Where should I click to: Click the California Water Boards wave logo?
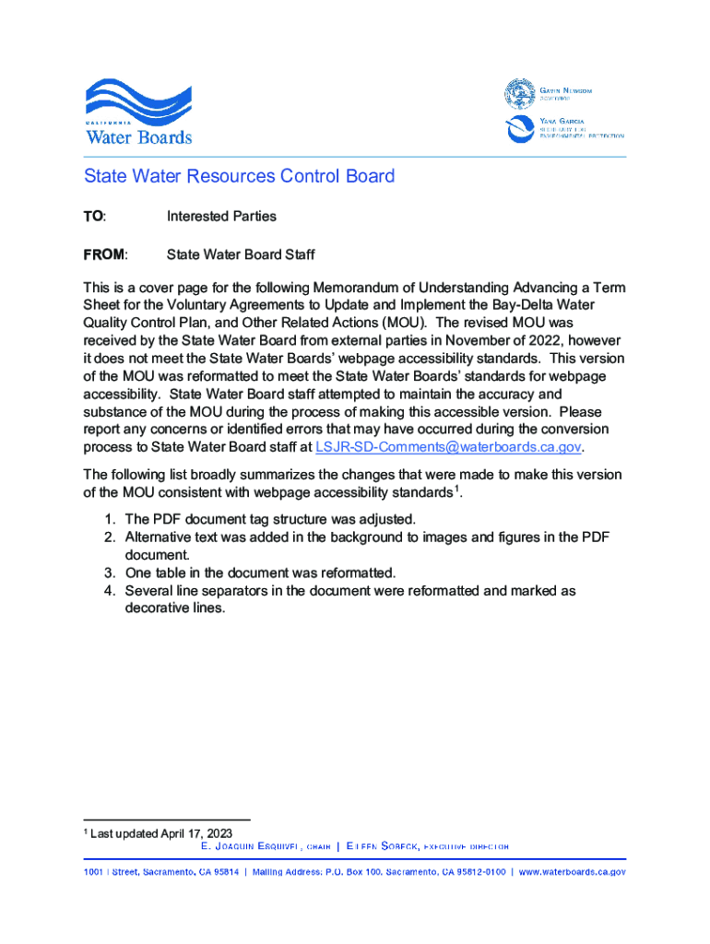(138, 110)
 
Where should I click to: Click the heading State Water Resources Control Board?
(240, 176)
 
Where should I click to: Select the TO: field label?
(95, 217)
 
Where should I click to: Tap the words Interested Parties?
(221, 217)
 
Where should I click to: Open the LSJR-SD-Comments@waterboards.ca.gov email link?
(449, 447)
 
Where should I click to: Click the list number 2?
(109, 537)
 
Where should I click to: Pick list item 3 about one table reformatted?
(260, 572)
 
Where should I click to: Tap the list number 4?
(109, 591)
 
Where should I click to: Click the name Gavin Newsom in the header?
(565, 90)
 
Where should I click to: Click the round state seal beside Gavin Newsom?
(519, 93)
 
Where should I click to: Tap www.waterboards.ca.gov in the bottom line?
(572, 872)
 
